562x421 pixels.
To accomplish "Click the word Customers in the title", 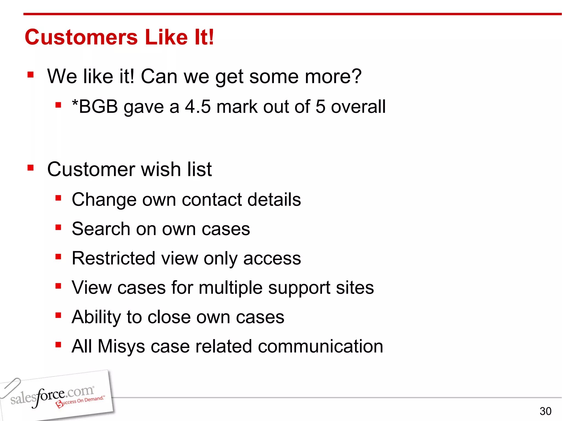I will click(81, 37).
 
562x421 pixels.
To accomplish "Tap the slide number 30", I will click(545, 411).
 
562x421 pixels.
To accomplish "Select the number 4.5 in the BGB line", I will click(198, 107).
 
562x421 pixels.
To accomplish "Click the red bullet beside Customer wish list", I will click(30, 167).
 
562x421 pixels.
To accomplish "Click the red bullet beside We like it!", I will click(30, 75).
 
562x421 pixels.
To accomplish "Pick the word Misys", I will click(121, 346).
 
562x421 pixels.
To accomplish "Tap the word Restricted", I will click(113, 258).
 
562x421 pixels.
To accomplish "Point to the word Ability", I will click(96, 317).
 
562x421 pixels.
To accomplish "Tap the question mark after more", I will click(356, 76).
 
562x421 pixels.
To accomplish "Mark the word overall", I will click(358, 107).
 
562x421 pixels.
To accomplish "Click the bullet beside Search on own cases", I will click(58, 227).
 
